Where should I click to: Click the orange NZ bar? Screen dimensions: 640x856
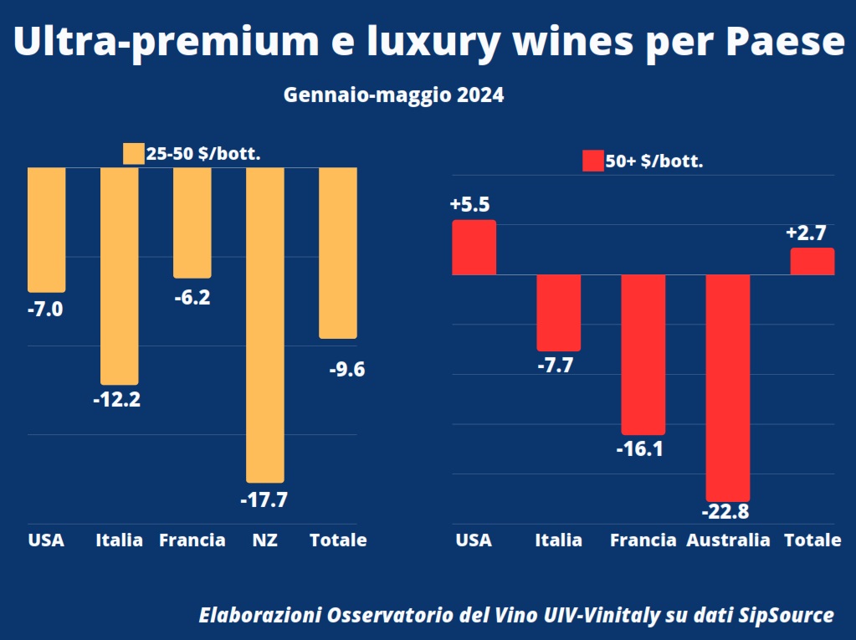[x=265, y=325]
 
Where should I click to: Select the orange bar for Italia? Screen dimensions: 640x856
[x=119, y=275]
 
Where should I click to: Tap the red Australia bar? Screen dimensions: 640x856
[x=727, y=387]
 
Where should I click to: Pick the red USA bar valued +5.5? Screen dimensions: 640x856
[x=474, y=247]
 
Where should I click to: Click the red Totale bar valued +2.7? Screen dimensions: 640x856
[x=812, y=261]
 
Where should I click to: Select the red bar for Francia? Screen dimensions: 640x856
[x=643, y=354]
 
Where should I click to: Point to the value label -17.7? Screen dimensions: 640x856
[x=264, y=500]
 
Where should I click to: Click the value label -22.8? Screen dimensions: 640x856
[x=726, y=511]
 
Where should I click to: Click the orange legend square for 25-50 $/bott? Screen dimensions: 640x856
[x=133, y=154]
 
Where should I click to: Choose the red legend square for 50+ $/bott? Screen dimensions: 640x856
[x=592, y=161]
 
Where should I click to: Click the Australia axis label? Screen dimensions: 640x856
[x=728, y=540]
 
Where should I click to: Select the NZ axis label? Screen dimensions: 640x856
[x=265, y=540]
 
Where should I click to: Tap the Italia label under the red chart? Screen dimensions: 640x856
[x=558, y=540]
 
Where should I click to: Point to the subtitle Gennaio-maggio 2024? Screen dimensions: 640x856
[x=393, y=95]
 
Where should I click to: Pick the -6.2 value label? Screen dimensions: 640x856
[x=192, y=297]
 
